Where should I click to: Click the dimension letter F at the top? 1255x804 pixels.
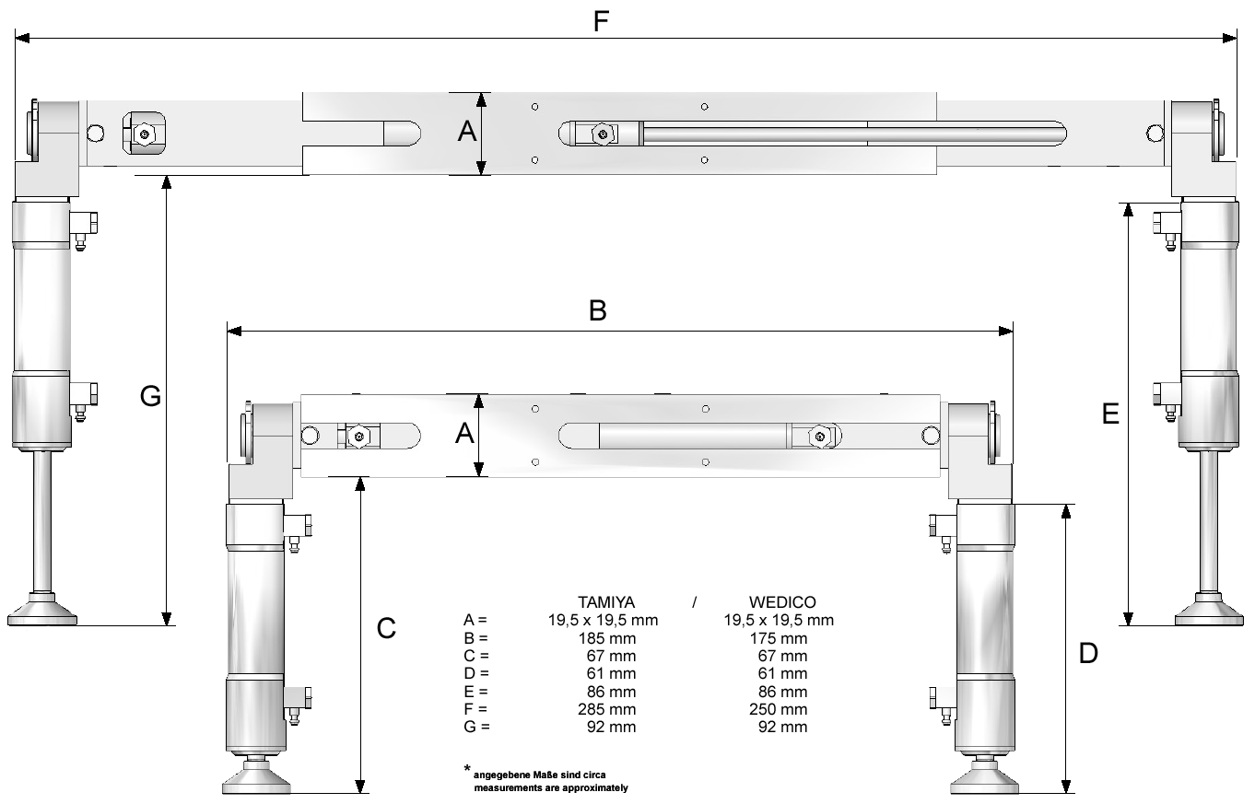[601, 22]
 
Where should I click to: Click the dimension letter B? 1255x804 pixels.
[598, 310]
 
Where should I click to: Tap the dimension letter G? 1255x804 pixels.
[150, 396]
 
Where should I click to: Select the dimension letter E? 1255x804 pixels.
[1110, 414]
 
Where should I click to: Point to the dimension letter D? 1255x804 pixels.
[1088, 653]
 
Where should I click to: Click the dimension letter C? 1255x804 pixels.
[386, 628]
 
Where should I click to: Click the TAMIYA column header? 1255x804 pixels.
[606, 602]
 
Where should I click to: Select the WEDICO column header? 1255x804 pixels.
[782, 602]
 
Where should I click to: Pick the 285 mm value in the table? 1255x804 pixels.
[607, 709]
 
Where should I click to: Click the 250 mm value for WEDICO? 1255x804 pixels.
[779, 709]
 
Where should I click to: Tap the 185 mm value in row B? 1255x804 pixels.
[607, 638]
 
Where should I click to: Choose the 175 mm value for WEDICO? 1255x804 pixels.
[779, 638]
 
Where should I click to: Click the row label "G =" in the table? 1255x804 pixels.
[476, 727]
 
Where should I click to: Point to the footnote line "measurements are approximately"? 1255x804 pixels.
[551, 788]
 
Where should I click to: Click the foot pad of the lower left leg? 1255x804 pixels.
[256, 778]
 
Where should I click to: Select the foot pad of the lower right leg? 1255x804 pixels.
[984, 778]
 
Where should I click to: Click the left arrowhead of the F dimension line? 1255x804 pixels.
[22, 38]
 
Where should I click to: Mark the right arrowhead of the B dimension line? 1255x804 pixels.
[1005, 332]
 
